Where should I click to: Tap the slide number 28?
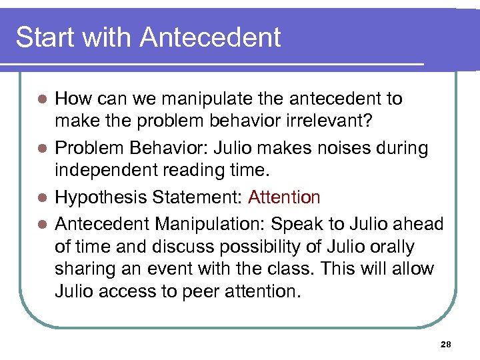click(x=446, y=345)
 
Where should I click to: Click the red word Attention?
click(x=284, y=197)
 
